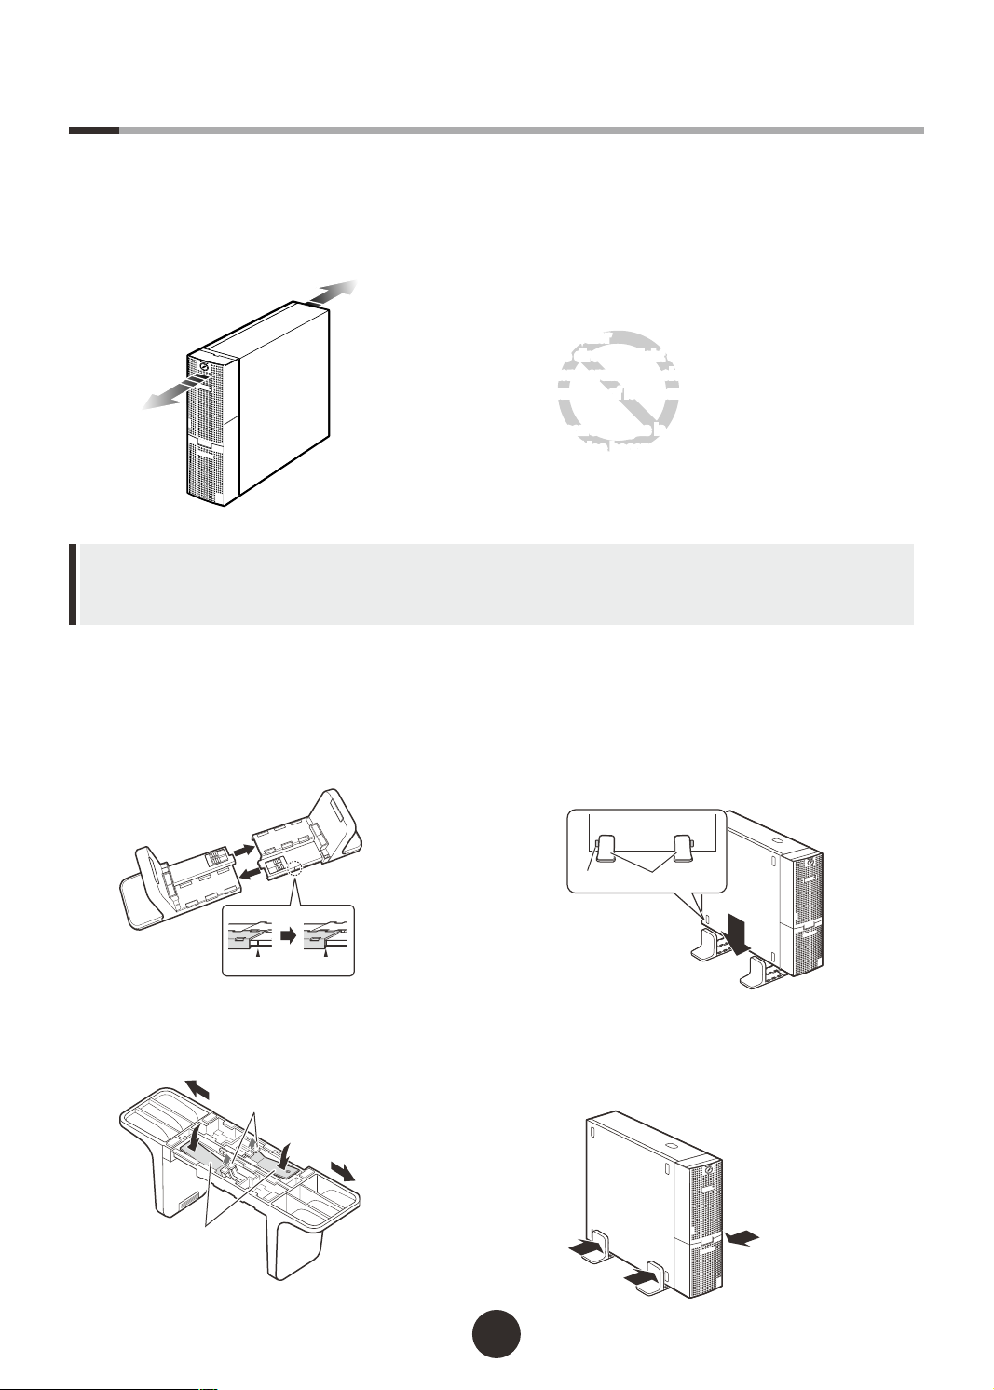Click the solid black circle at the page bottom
point(496,1334)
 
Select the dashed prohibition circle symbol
point(618,390)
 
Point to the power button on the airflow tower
point(203,365)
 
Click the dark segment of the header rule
point(93,130)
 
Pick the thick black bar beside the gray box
point(73,584)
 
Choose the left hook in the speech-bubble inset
point(606,848)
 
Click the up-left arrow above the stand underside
point(197,1089)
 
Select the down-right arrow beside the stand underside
point(342,1171)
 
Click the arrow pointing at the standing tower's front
point(743,1237)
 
